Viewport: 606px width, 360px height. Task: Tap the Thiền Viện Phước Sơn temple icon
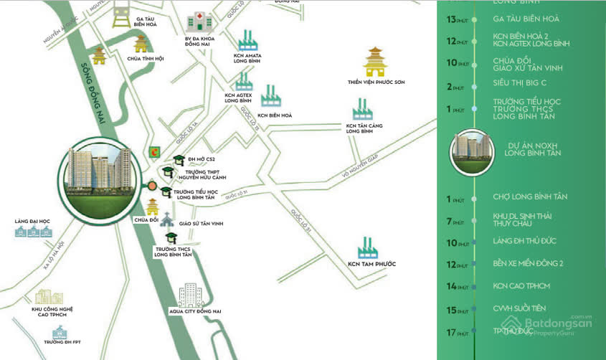coord(376,62)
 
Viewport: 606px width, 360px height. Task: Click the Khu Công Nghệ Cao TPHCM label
coord(52,312)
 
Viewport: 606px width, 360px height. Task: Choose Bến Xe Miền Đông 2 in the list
coord(528,263)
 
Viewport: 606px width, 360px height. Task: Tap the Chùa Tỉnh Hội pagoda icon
coord(141,44)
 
